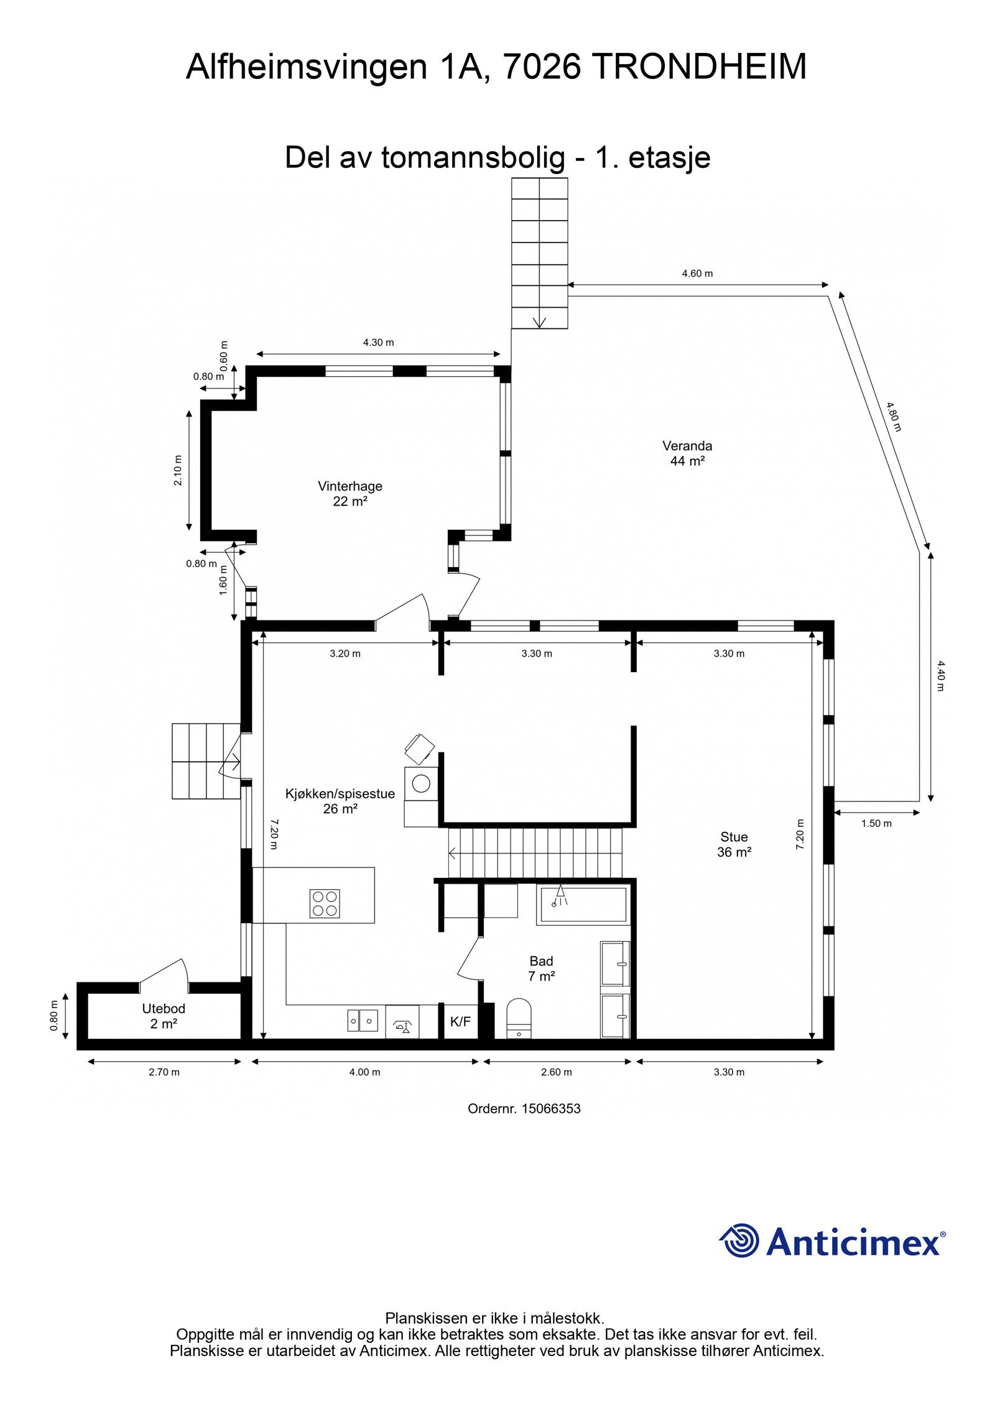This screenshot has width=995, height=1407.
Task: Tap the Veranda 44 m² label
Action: [x=687, y=453]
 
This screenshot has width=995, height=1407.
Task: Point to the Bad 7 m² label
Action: [x=541, y=969]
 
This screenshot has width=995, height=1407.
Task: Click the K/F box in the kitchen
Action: [x=461, y=1021]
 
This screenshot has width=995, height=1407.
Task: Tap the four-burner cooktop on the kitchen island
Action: [x=325, y=903]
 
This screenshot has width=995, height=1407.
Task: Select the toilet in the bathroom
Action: [x=519, y=1018]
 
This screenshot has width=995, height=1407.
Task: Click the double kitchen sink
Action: [x=363, y=1020]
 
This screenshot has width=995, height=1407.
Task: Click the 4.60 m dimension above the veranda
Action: [x=697, y=274]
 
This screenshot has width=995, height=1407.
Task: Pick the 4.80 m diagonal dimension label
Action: [x=894, y=417]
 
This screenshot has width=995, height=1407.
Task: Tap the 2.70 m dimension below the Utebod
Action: [x=164, y=1072]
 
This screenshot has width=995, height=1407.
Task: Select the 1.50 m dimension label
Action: [x=876, y=823]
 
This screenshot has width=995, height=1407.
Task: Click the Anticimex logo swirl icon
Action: [x=739, y=1240]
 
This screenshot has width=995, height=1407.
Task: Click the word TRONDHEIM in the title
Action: [x=698, y=67]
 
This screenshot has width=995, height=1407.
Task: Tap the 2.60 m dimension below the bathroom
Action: [x=556, y=1072]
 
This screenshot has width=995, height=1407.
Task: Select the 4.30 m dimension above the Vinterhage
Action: [x=378, y=343]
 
